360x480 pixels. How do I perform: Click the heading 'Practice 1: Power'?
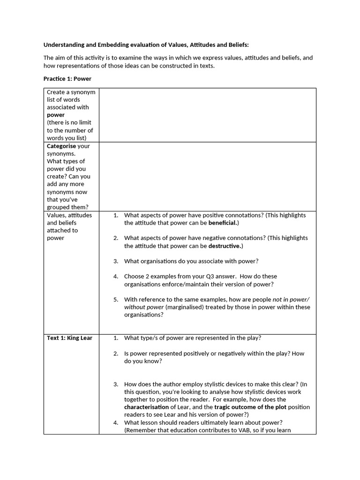67,79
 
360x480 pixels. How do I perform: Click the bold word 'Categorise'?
61,146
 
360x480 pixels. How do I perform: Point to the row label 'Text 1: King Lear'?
69,338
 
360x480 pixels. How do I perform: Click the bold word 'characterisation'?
146,407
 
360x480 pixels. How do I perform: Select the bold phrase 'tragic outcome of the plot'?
252,407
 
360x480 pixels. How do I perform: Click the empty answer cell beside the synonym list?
207,115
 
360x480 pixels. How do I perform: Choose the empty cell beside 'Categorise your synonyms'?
207,176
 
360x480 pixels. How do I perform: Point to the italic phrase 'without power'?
144,307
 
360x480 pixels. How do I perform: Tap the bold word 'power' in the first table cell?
56,115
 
